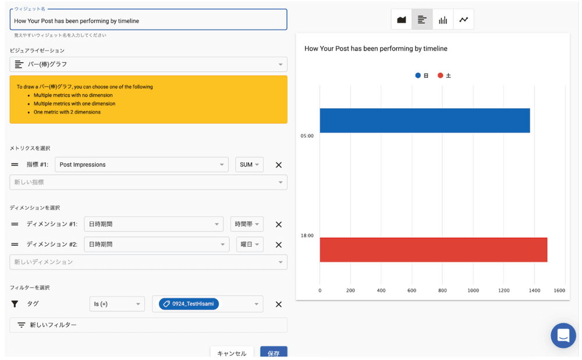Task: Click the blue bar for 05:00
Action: (425, 120)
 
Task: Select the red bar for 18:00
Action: (434, 249)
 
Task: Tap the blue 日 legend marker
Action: (418, 76)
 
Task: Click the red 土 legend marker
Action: (441, 76)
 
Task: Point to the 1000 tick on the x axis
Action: (473, 290)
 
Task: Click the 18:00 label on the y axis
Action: (307, 236)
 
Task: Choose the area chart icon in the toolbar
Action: (402, 20)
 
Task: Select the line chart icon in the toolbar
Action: (464, 20)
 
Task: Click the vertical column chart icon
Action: (443, 20)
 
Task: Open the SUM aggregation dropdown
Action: (250, 165)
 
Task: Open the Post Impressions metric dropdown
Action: (141, 165)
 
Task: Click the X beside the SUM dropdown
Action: (279, 165)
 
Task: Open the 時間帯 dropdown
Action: (247, 224)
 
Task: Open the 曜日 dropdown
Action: (250, 244)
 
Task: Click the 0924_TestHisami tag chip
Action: (189, 304)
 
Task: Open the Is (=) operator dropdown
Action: (117, 304)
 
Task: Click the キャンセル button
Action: (232, 352)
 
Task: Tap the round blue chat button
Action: (563, 336)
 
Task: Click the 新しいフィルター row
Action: (148, 325)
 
